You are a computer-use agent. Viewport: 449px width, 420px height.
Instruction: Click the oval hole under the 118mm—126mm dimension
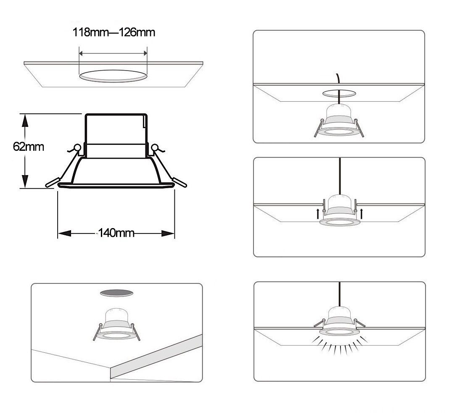click(114, 76)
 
